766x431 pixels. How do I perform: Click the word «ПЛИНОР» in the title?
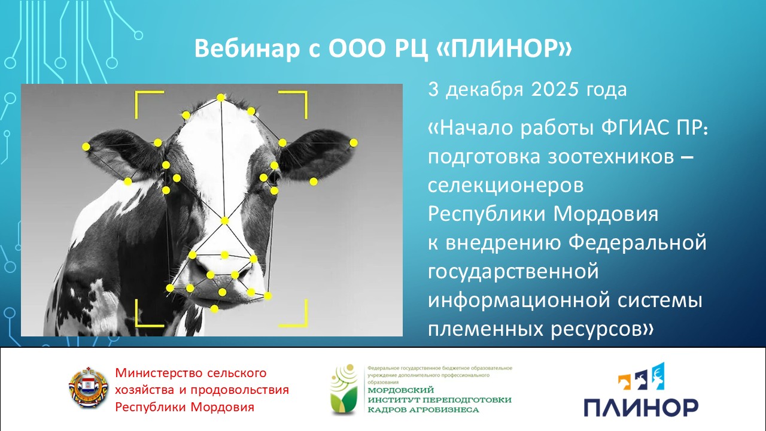[x=504, y=48]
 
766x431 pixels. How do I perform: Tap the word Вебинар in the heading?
[x=247, y=48]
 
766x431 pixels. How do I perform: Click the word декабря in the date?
[x=485, y=90]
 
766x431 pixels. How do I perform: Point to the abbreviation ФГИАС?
[x=631, y=128]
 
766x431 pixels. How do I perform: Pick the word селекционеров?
[x=506, y=186]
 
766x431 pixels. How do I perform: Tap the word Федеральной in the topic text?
[x=637, y=244]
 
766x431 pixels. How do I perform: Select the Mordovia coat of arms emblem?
[x=89, y=388]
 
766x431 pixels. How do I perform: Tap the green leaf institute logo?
[x=344, y=390]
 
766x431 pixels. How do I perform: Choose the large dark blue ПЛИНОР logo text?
[x=641, y=408]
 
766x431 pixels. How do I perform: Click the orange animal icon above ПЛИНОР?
[x=624, y=382]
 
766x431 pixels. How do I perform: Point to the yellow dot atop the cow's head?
[x=221, y=98]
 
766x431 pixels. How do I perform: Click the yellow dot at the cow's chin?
[x=214, y=309]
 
